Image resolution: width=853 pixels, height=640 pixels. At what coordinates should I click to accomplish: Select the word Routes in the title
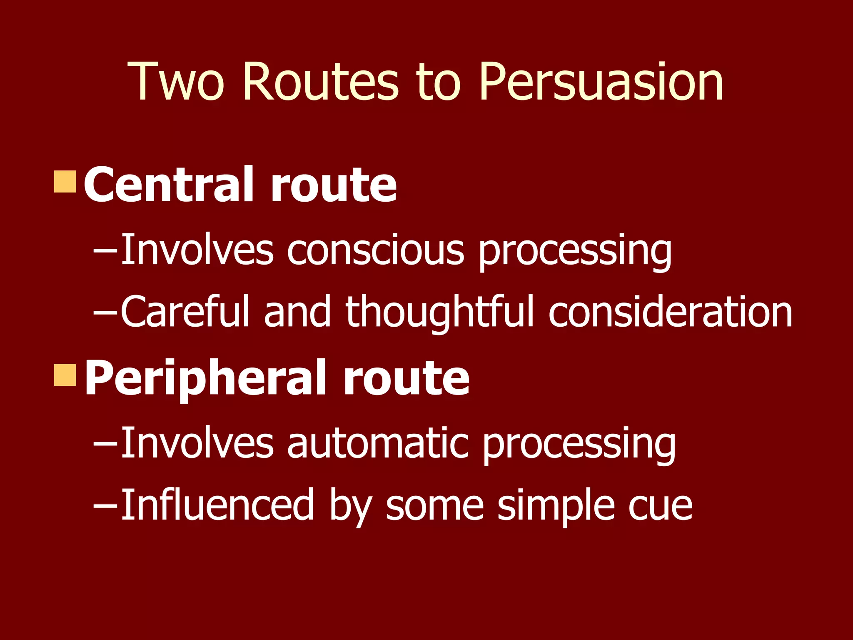click(x=321, y=82)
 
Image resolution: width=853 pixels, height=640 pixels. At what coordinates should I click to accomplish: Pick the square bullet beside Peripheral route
click(x=65, y=375)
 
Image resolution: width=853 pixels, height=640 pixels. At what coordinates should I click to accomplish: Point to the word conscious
click(x=375, y=250)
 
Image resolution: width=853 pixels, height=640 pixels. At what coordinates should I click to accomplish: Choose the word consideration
click(x=670, y=311)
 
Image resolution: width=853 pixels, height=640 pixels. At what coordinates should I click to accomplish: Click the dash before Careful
click(x=105, y=312)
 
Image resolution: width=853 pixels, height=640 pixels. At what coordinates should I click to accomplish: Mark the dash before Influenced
click(x=105, y=505)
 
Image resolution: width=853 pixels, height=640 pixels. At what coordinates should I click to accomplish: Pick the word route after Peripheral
click(x=407, y=379)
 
